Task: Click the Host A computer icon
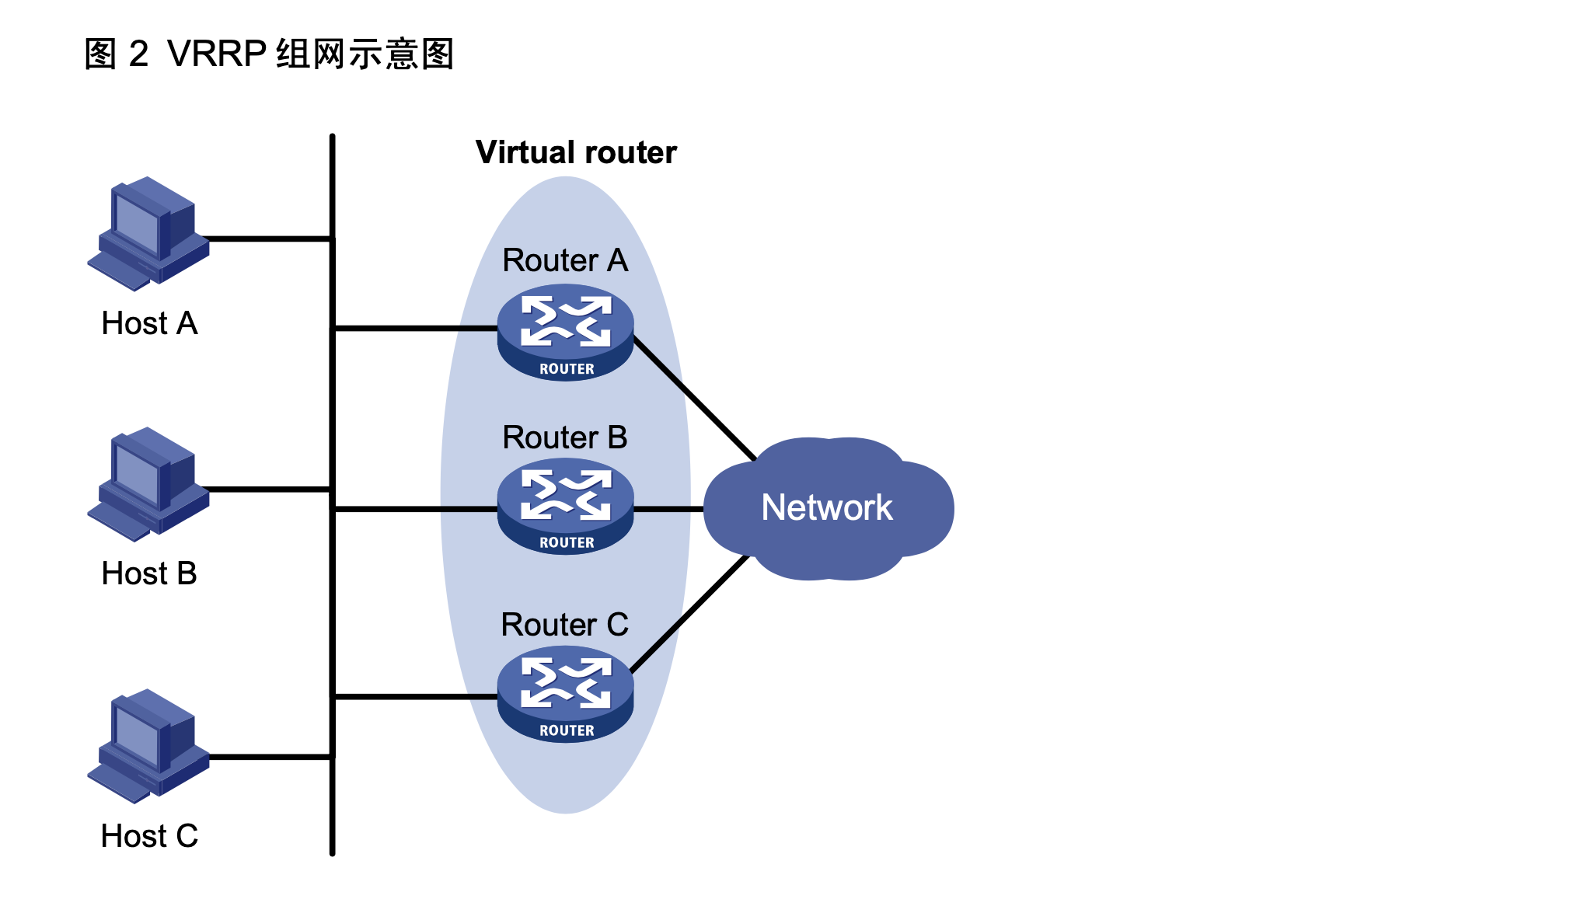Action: [x=148, y=233]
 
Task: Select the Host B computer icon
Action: [x=148, y=484]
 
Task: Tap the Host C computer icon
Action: [x=148, y=746]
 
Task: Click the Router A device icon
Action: [x=565, y=332]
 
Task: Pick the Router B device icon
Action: [x=565, y=506]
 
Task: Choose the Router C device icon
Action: [x=565, y=694]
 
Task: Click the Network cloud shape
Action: [x=827, y=508]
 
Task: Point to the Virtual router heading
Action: [x=575, y=152]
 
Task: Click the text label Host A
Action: [x=149, y=323]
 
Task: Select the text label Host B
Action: [x=149, y=573]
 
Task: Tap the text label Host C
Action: [x=149, y=836]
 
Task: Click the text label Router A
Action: [x=565, y=260]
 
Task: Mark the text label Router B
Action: [x=565, y=437]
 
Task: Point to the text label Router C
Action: [x=565, y=625]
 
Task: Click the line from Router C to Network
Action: [x=689, y=614]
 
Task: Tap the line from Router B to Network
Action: [x=668, y=509]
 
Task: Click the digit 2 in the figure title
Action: [x=138, y=54]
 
